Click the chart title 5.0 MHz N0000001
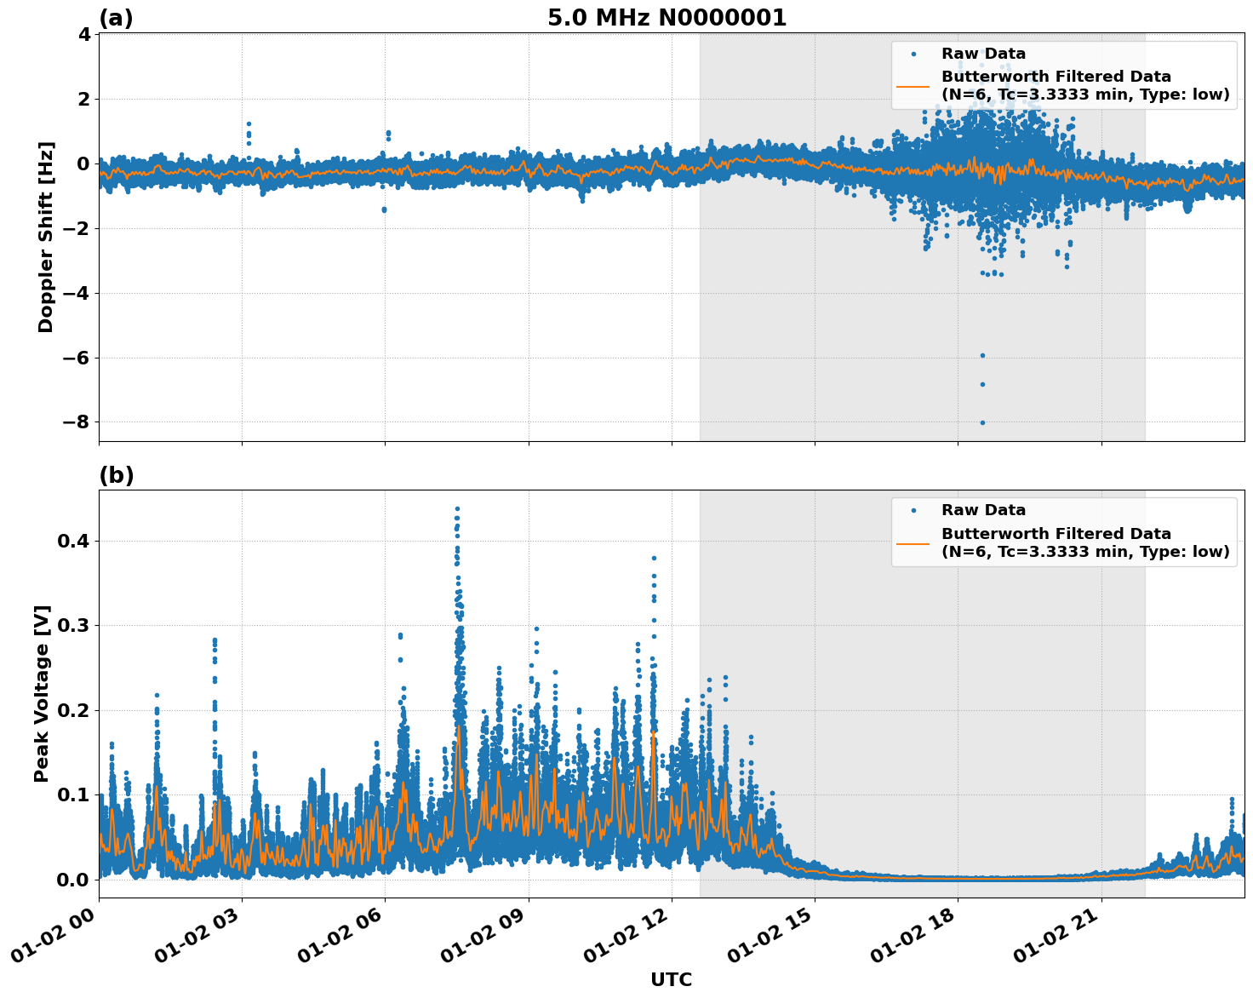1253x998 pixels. coord(667,18)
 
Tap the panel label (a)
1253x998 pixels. coord(116,18)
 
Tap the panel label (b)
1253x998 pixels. coord(116,475)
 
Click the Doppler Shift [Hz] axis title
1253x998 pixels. coord(46,237)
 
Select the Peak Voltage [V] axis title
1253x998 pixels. coord(42,693)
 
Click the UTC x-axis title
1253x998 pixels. coord(671,979)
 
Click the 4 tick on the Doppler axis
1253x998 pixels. coord(83,35)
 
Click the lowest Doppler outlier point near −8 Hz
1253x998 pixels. coord(982,422)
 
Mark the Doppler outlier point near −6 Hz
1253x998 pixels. coord(982,355)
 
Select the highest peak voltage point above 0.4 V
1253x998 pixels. coord(457,509)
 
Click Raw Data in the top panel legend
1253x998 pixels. coord(983,54)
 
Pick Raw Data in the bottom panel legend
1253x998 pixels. coord(983,510)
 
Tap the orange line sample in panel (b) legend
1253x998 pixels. coord(913,543)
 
